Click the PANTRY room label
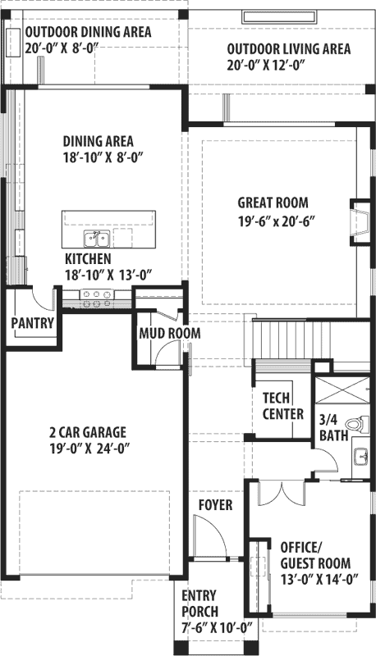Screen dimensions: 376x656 tap(33, 323)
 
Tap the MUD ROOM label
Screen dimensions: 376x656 tap(170, 334)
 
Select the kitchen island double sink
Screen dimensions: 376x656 tap(97, 239)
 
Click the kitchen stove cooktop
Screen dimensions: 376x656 tap(97, 298)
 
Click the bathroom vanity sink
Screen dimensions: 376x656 tap(361, 457)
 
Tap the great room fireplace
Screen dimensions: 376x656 tap(360, 221)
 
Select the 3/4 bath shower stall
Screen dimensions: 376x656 tap(342, 390)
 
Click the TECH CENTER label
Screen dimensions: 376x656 tap(282, 406)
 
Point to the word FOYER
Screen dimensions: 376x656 tap(215, 504)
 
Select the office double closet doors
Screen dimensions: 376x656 tap(282, 493)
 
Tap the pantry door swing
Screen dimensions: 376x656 tap(44, 298)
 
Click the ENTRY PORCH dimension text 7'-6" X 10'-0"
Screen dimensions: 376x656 tap(218, 627)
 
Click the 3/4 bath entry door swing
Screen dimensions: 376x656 tap(326, 461)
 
